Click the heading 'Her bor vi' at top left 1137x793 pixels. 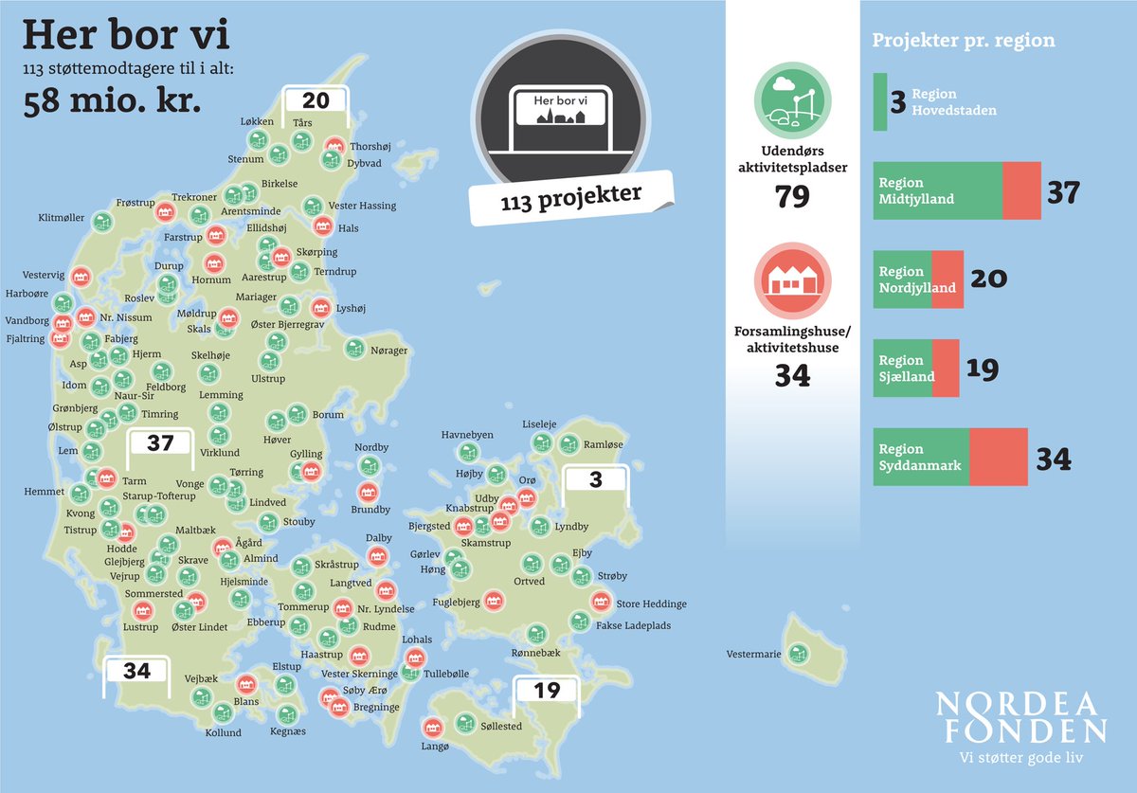125,36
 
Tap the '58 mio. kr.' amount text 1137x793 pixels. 112,100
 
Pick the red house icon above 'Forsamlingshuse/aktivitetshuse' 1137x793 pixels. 792,279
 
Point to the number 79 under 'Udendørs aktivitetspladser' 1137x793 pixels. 792,198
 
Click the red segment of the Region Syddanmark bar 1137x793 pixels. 998,457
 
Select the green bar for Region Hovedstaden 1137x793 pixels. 880,102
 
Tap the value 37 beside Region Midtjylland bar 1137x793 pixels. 1063,192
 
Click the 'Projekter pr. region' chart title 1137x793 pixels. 962,42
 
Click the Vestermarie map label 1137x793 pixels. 754,654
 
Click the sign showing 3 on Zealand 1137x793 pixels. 595,479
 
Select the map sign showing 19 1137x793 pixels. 547,691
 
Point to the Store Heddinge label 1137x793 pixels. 651,604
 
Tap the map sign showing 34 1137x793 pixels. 136,671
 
